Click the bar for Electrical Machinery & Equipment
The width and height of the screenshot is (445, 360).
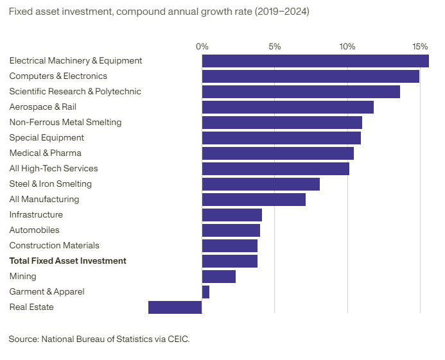click(x=315, y=61)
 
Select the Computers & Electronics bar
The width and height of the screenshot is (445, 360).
click(x=311, y=76)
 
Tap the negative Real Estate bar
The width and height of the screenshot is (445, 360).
click(x=175, y=307)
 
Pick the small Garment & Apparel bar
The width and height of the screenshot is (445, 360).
click(x=205, y=292)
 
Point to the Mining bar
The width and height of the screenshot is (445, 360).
click(x=219, y=277)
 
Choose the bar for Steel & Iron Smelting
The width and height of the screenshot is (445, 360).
click(x=261, y=184)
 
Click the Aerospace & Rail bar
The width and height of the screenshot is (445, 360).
click(x=288, y=107)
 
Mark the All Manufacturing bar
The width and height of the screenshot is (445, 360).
click(x=254, y=200)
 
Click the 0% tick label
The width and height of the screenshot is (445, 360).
click(x=202, y=47)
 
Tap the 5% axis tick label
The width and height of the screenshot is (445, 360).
click(x=275, y=47)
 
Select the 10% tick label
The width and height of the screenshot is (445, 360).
click(x=347, y=47)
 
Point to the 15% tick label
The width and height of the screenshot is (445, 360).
click(x=420, y=47)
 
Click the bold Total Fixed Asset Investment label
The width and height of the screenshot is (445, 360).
click(x=68, y=261)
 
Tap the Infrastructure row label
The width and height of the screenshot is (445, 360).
click(x=36, y=215)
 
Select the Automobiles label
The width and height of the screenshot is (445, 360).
click(x=35, y=230)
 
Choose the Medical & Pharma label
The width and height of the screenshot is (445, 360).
click(x=46, y=153)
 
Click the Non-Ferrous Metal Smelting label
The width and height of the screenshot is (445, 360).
click(x=65, y=123)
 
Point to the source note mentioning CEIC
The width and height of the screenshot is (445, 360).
click(x=100, y=338)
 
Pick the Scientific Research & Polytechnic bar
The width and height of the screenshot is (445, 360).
click(x=301, y=92)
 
